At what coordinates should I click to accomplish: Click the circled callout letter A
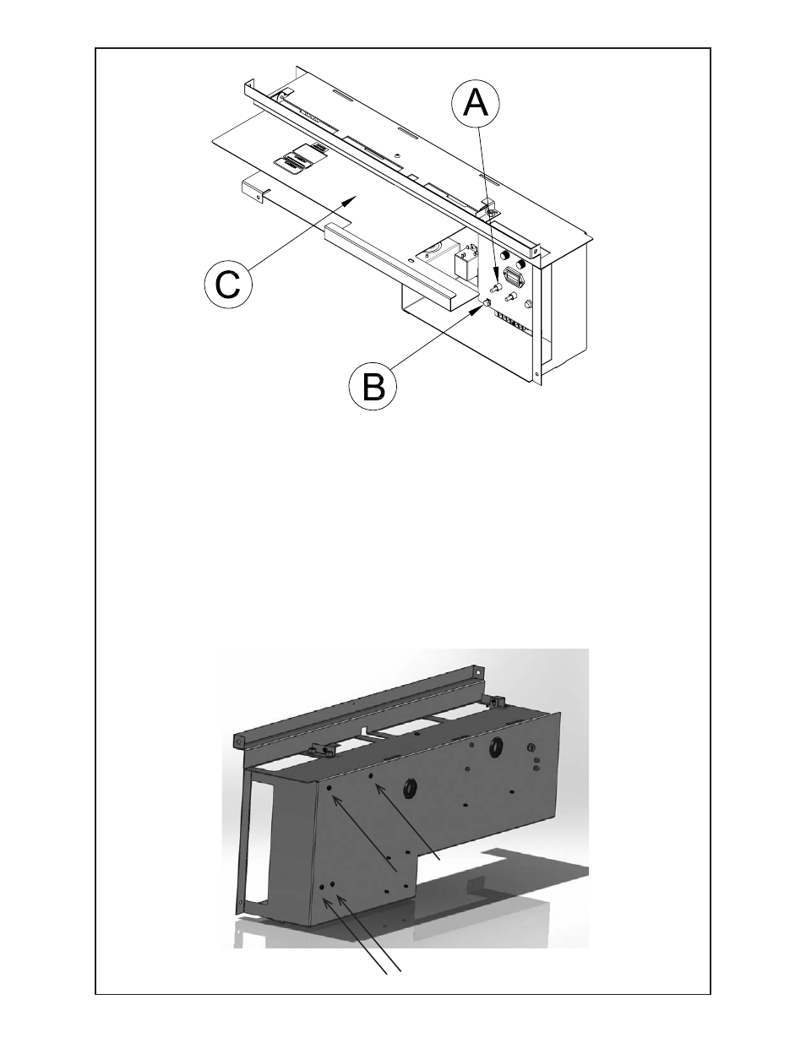(x=476, y=104)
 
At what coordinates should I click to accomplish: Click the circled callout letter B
(x=374, y=387)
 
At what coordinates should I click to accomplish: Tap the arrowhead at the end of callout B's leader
(x=483, y=306)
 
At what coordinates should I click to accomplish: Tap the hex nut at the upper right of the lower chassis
(x=530, y=747)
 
